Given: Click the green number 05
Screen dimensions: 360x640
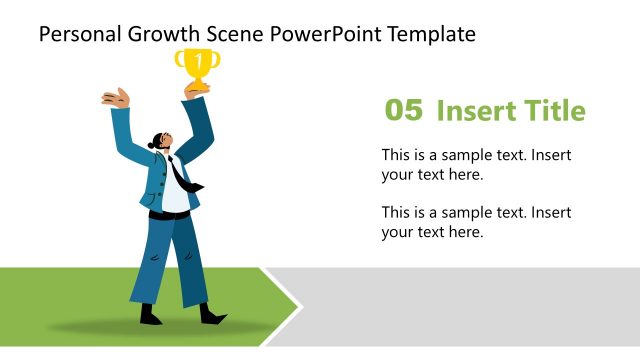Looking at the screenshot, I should [x=404, y=111].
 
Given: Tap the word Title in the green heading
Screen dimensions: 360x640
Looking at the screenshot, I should [x=552, y=111].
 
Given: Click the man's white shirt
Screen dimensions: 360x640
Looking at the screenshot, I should [x=174, y=195].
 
